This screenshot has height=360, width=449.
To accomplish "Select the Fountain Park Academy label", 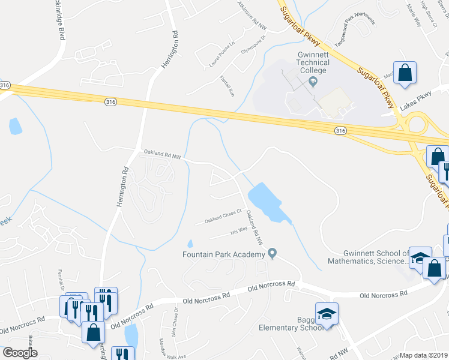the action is point(224,254).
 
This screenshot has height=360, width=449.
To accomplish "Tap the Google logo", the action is point(20,352).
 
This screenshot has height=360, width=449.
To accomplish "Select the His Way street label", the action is point(239,230).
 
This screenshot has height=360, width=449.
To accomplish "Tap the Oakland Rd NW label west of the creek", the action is point(162,155).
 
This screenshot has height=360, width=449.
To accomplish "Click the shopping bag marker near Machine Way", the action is point(405,73).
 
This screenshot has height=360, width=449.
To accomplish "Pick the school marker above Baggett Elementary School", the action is point(327,314).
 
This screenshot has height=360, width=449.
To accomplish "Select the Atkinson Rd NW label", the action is point(252,13).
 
